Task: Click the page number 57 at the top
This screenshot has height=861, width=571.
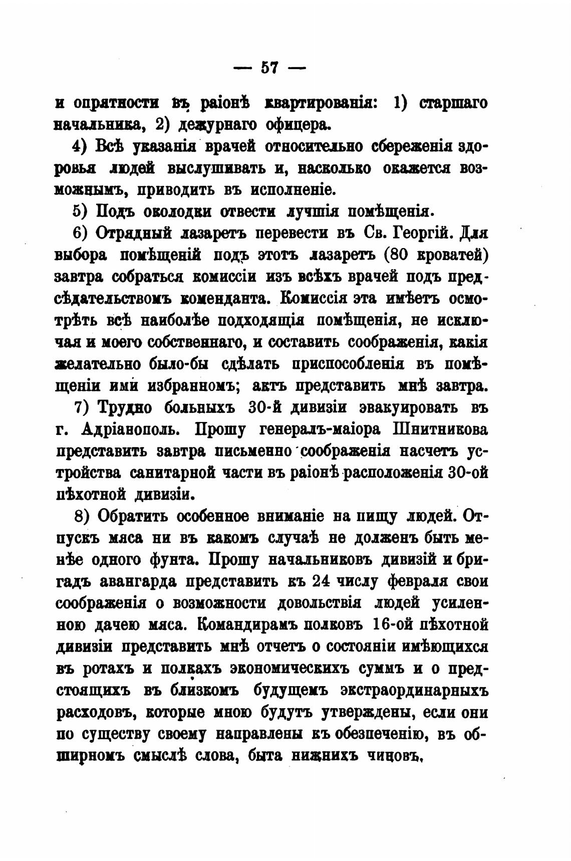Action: [269, 67]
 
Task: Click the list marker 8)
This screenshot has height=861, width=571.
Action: [82, 516]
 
